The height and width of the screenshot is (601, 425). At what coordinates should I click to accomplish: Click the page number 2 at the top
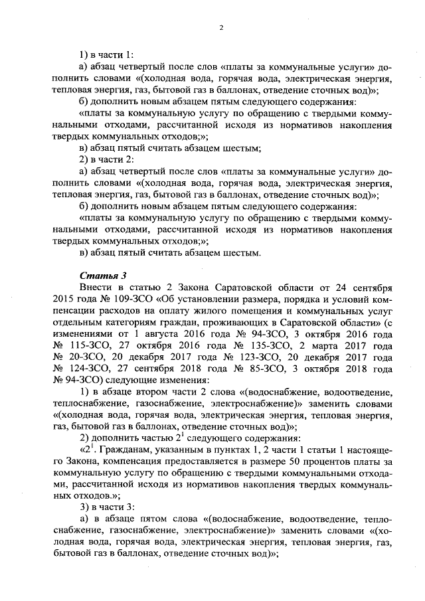click(x=221, y=28)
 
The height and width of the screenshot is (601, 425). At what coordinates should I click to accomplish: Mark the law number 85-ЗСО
click(x=244, y=371)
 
